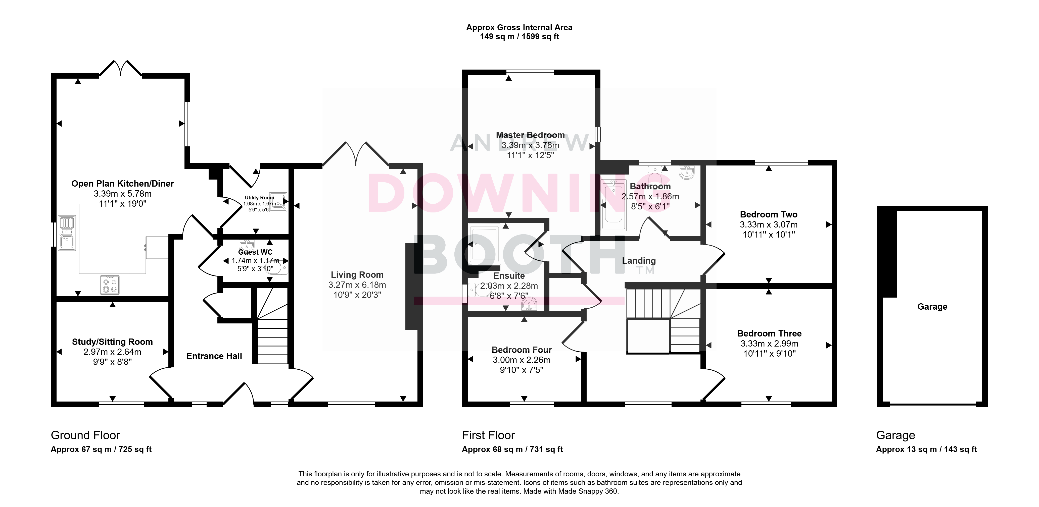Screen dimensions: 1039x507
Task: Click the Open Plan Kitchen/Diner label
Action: [123, 184]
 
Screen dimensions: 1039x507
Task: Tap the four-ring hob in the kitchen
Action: [110, 285]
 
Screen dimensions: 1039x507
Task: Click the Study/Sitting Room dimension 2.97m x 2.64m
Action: [113, 352]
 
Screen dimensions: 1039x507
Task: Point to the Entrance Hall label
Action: [214, 356]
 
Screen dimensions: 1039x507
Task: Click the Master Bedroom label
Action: [530, 135]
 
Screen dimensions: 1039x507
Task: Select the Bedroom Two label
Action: [769, 214]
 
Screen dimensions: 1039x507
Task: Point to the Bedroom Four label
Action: [522, 350]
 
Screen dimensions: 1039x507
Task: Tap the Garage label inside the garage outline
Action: [932, 307]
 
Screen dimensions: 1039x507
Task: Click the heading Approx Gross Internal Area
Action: [519, 27]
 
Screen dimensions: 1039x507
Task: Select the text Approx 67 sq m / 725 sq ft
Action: [101, 449]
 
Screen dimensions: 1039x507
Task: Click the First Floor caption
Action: [488, 435]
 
